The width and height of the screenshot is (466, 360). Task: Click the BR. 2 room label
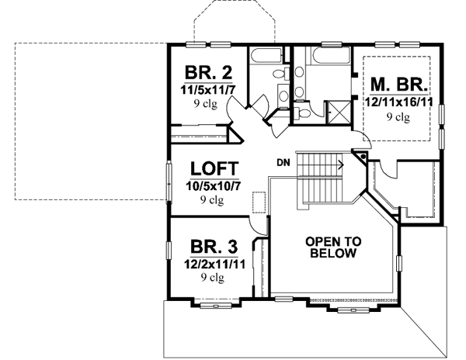207,74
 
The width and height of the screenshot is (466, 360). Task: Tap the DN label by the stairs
283,161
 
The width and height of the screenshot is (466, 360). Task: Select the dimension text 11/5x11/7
207,90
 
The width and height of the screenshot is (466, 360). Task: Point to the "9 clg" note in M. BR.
398,116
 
